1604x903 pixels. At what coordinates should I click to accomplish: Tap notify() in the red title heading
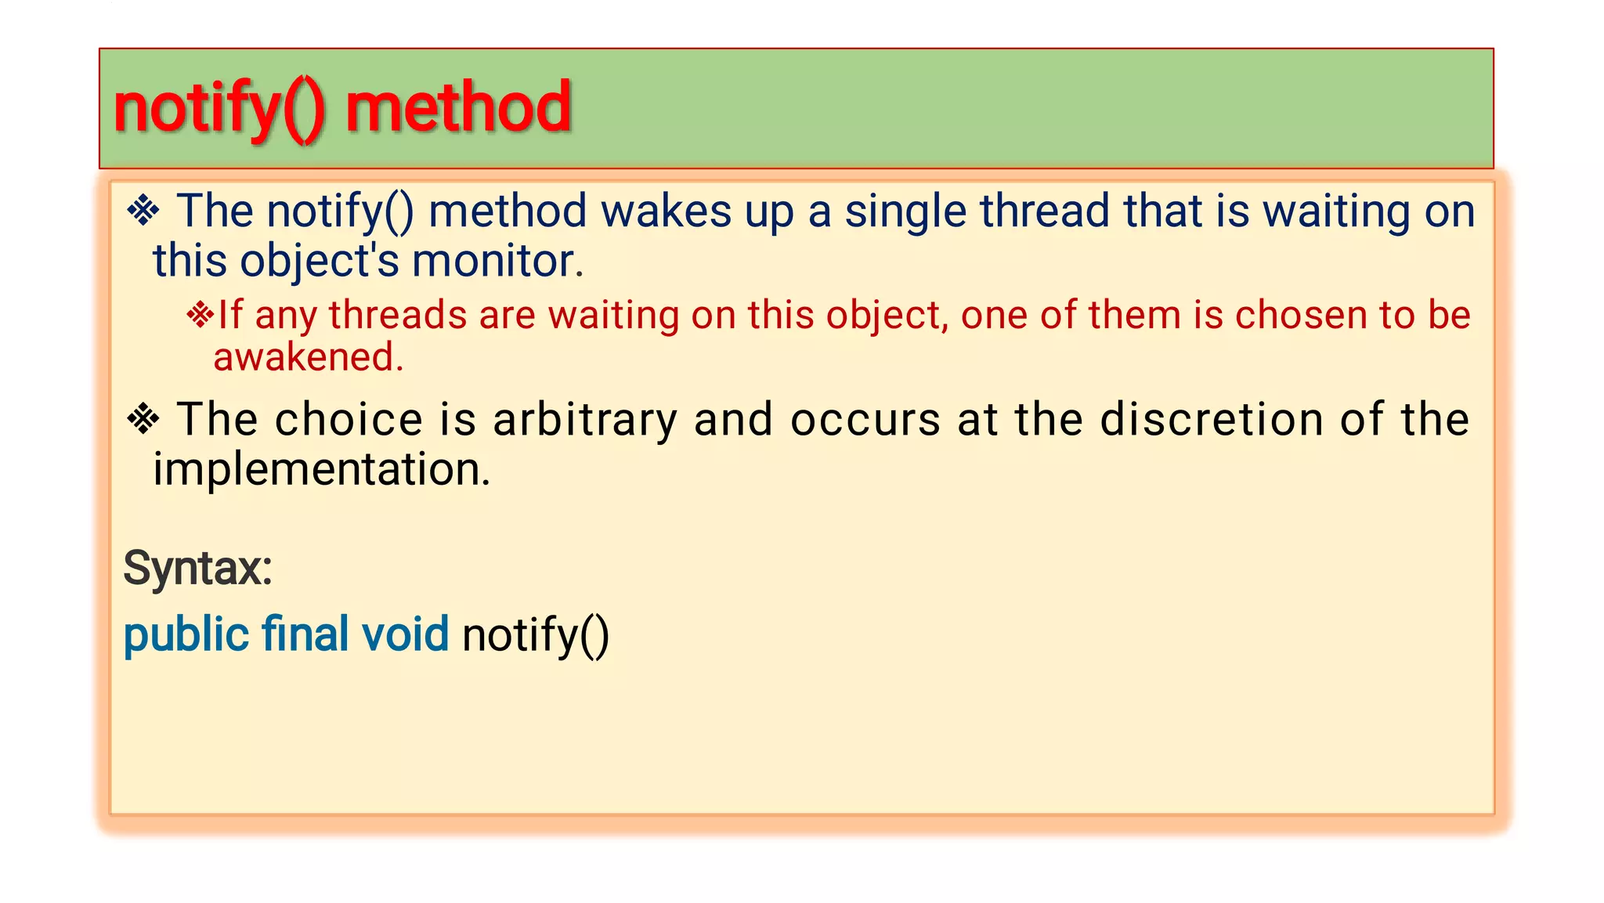click(219, 109)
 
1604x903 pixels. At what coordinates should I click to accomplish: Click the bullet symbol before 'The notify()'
click(143, 211)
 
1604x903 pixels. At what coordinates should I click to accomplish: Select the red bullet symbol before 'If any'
click(200, 315)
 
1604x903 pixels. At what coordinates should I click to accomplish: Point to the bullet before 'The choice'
click(143, 419)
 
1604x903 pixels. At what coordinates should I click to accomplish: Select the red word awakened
click(308, 357)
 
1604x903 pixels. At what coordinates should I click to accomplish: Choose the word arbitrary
click(584, 421)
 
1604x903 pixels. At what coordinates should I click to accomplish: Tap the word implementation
click(321, 470)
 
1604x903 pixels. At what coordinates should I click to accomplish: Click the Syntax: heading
click(197, 569)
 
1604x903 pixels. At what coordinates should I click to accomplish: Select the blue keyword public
click(186, 635)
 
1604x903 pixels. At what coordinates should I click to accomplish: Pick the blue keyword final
click(305, 634)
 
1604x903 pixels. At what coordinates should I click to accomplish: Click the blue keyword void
click(405, 634)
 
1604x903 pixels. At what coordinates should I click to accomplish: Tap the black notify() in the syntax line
click(535, 635)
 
